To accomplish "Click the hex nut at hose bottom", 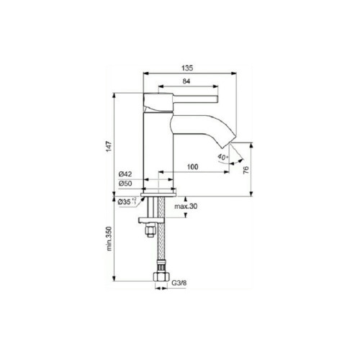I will [x=160, y=277].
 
